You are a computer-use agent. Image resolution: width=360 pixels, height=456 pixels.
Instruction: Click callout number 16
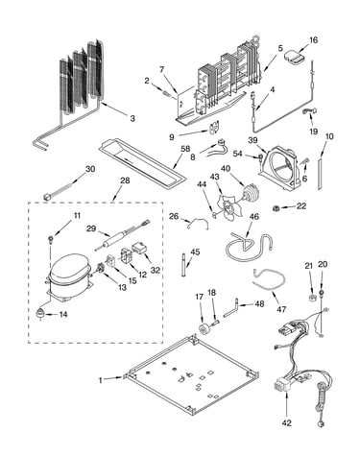pos(313,40)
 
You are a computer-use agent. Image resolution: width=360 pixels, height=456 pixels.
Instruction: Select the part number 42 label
pos(287,423)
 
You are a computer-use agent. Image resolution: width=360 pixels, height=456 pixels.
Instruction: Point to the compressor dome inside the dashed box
pos(68,268)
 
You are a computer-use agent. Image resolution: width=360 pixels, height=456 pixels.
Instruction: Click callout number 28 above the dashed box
pos(125,180)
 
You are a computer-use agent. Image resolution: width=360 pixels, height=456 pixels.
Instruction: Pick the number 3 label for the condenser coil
pos(132,118)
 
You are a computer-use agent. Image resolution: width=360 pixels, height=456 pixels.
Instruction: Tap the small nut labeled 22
pos(275,208)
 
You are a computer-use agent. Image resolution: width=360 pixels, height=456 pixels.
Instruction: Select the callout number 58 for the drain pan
pos(185,149)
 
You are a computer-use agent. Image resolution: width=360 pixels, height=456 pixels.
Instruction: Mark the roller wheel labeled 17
pos(204,329)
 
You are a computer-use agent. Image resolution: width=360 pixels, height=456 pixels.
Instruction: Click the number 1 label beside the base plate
pos(101,380)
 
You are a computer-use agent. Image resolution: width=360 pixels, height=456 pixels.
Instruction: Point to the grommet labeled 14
pos(40,314)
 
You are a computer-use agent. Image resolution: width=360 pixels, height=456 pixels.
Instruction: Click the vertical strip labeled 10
pos(320,173)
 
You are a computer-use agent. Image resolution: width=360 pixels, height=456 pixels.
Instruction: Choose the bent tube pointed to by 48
pos(231,308)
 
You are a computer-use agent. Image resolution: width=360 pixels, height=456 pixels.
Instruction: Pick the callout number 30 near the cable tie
pos(90,169)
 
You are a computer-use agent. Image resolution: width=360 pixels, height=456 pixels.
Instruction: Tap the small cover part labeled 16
pos(295,56)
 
